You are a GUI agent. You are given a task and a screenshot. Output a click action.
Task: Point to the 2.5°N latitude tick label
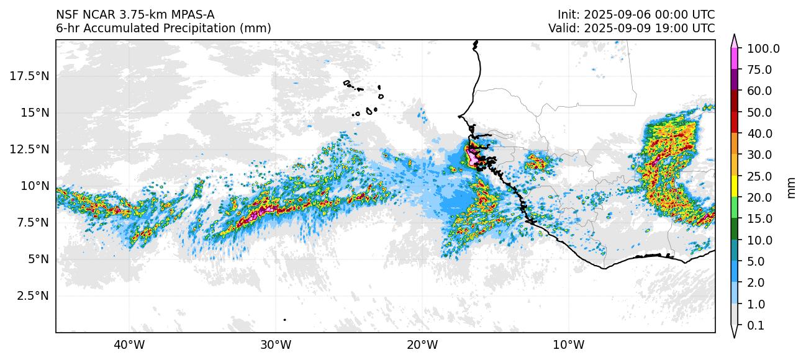(37, 295)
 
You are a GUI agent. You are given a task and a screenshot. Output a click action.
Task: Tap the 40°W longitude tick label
(129, 344)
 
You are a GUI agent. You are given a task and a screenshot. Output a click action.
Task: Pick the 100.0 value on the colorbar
(763, 49)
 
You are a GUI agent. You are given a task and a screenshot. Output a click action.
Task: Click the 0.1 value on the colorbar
(755, 326)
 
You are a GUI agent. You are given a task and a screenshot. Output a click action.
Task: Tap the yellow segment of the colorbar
(734, 186)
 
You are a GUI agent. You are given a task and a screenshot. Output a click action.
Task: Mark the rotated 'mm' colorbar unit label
(791, 187)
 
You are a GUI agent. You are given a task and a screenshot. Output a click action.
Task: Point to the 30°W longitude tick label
(276, 344)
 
